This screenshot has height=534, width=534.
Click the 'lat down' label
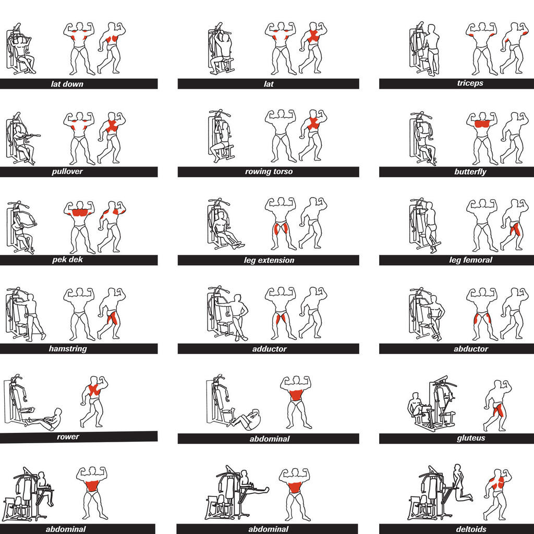[67, 84]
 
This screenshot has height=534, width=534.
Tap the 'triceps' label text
[470, 83]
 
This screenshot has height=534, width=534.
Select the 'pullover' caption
[67, 171]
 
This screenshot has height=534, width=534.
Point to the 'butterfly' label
[470, 172]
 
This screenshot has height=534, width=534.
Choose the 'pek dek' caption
[67, 260]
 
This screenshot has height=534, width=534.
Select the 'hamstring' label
[68, 349]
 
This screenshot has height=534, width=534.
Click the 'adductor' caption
[269, 349]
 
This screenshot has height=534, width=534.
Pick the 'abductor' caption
[471, 349]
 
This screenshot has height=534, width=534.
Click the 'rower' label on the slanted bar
[68, 436]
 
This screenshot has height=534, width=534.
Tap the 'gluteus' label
[471, 438]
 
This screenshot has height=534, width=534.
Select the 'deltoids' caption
[471, 529]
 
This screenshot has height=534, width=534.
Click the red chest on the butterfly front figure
[481, 124]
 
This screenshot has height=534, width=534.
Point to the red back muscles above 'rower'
[94, 390]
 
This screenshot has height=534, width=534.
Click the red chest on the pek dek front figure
[80, 213]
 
